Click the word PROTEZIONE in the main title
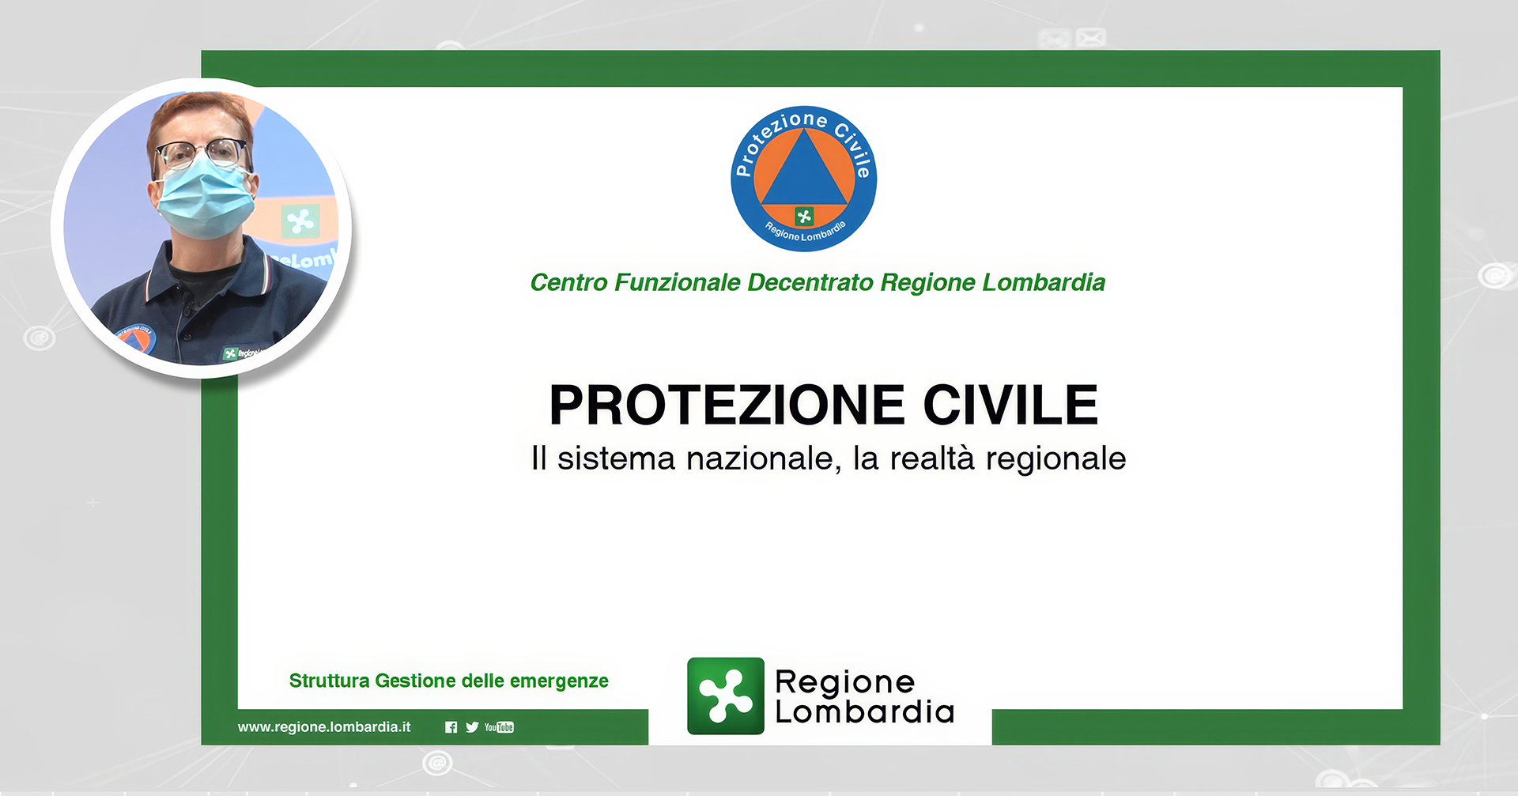(727, 405)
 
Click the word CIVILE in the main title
(1011, 405)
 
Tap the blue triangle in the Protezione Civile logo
(804, 168)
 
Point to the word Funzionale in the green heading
(678, 282)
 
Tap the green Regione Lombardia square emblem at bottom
(726, 696)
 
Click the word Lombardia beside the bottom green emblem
(865, 712)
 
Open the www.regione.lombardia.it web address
(324, 727)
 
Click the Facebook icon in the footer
(451, 727)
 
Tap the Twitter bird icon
(472, 727)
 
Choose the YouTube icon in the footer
(499, 727)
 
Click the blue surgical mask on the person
(206, 202)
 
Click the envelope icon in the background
(1090, 37)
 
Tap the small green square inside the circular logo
(804, 216)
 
